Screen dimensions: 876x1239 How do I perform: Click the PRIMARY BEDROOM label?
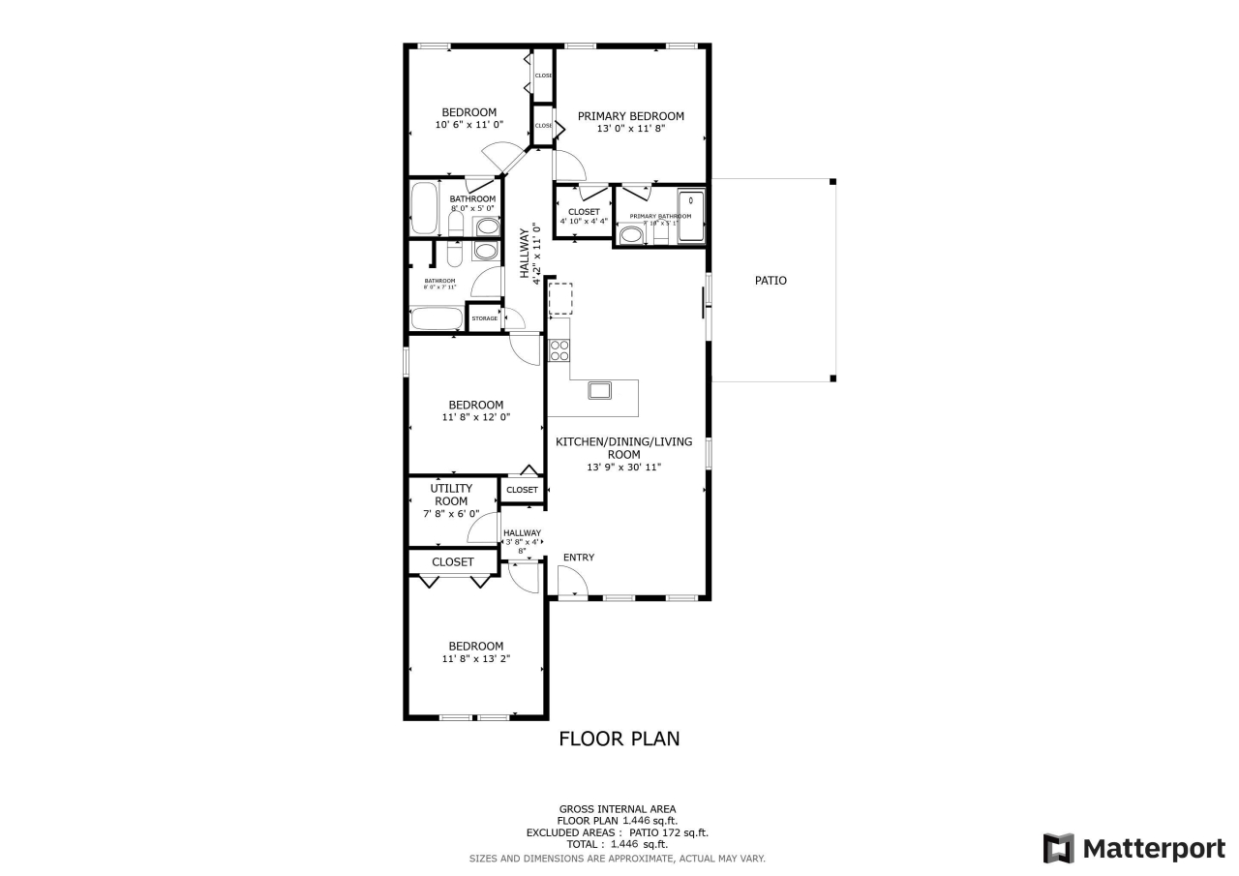[630, 116]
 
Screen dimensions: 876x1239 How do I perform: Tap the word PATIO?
[771, 281]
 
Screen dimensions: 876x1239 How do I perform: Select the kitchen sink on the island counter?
[600, 390]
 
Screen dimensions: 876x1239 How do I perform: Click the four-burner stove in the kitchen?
[559, 349]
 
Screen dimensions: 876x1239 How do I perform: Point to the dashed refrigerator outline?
[560, 299]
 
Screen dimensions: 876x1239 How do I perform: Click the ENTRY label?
[579, 558]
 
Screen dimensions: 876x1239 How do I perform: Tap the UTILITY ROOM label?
[451, 495]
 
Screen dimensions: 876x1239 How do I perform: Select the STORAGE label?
[485, 318]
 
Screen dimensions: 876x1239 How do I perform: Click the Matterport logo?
[1133, 849]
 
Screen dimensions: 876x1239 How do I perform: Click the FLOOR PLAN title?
[619, 739]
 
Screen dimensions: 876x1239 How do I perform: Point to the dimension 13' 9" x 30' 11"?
[623, 468]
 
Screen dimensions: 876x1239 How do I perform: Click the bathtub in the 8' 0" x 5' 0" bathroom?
[424, 209]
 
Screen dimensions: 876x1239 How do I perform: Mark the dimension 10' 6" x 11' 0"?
[469, 125]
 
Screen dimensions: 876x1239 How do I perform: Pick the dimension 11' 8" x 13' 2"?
[475, 659]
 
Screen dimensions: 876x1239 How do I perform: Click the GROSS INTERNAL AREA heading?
[618, 809]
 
